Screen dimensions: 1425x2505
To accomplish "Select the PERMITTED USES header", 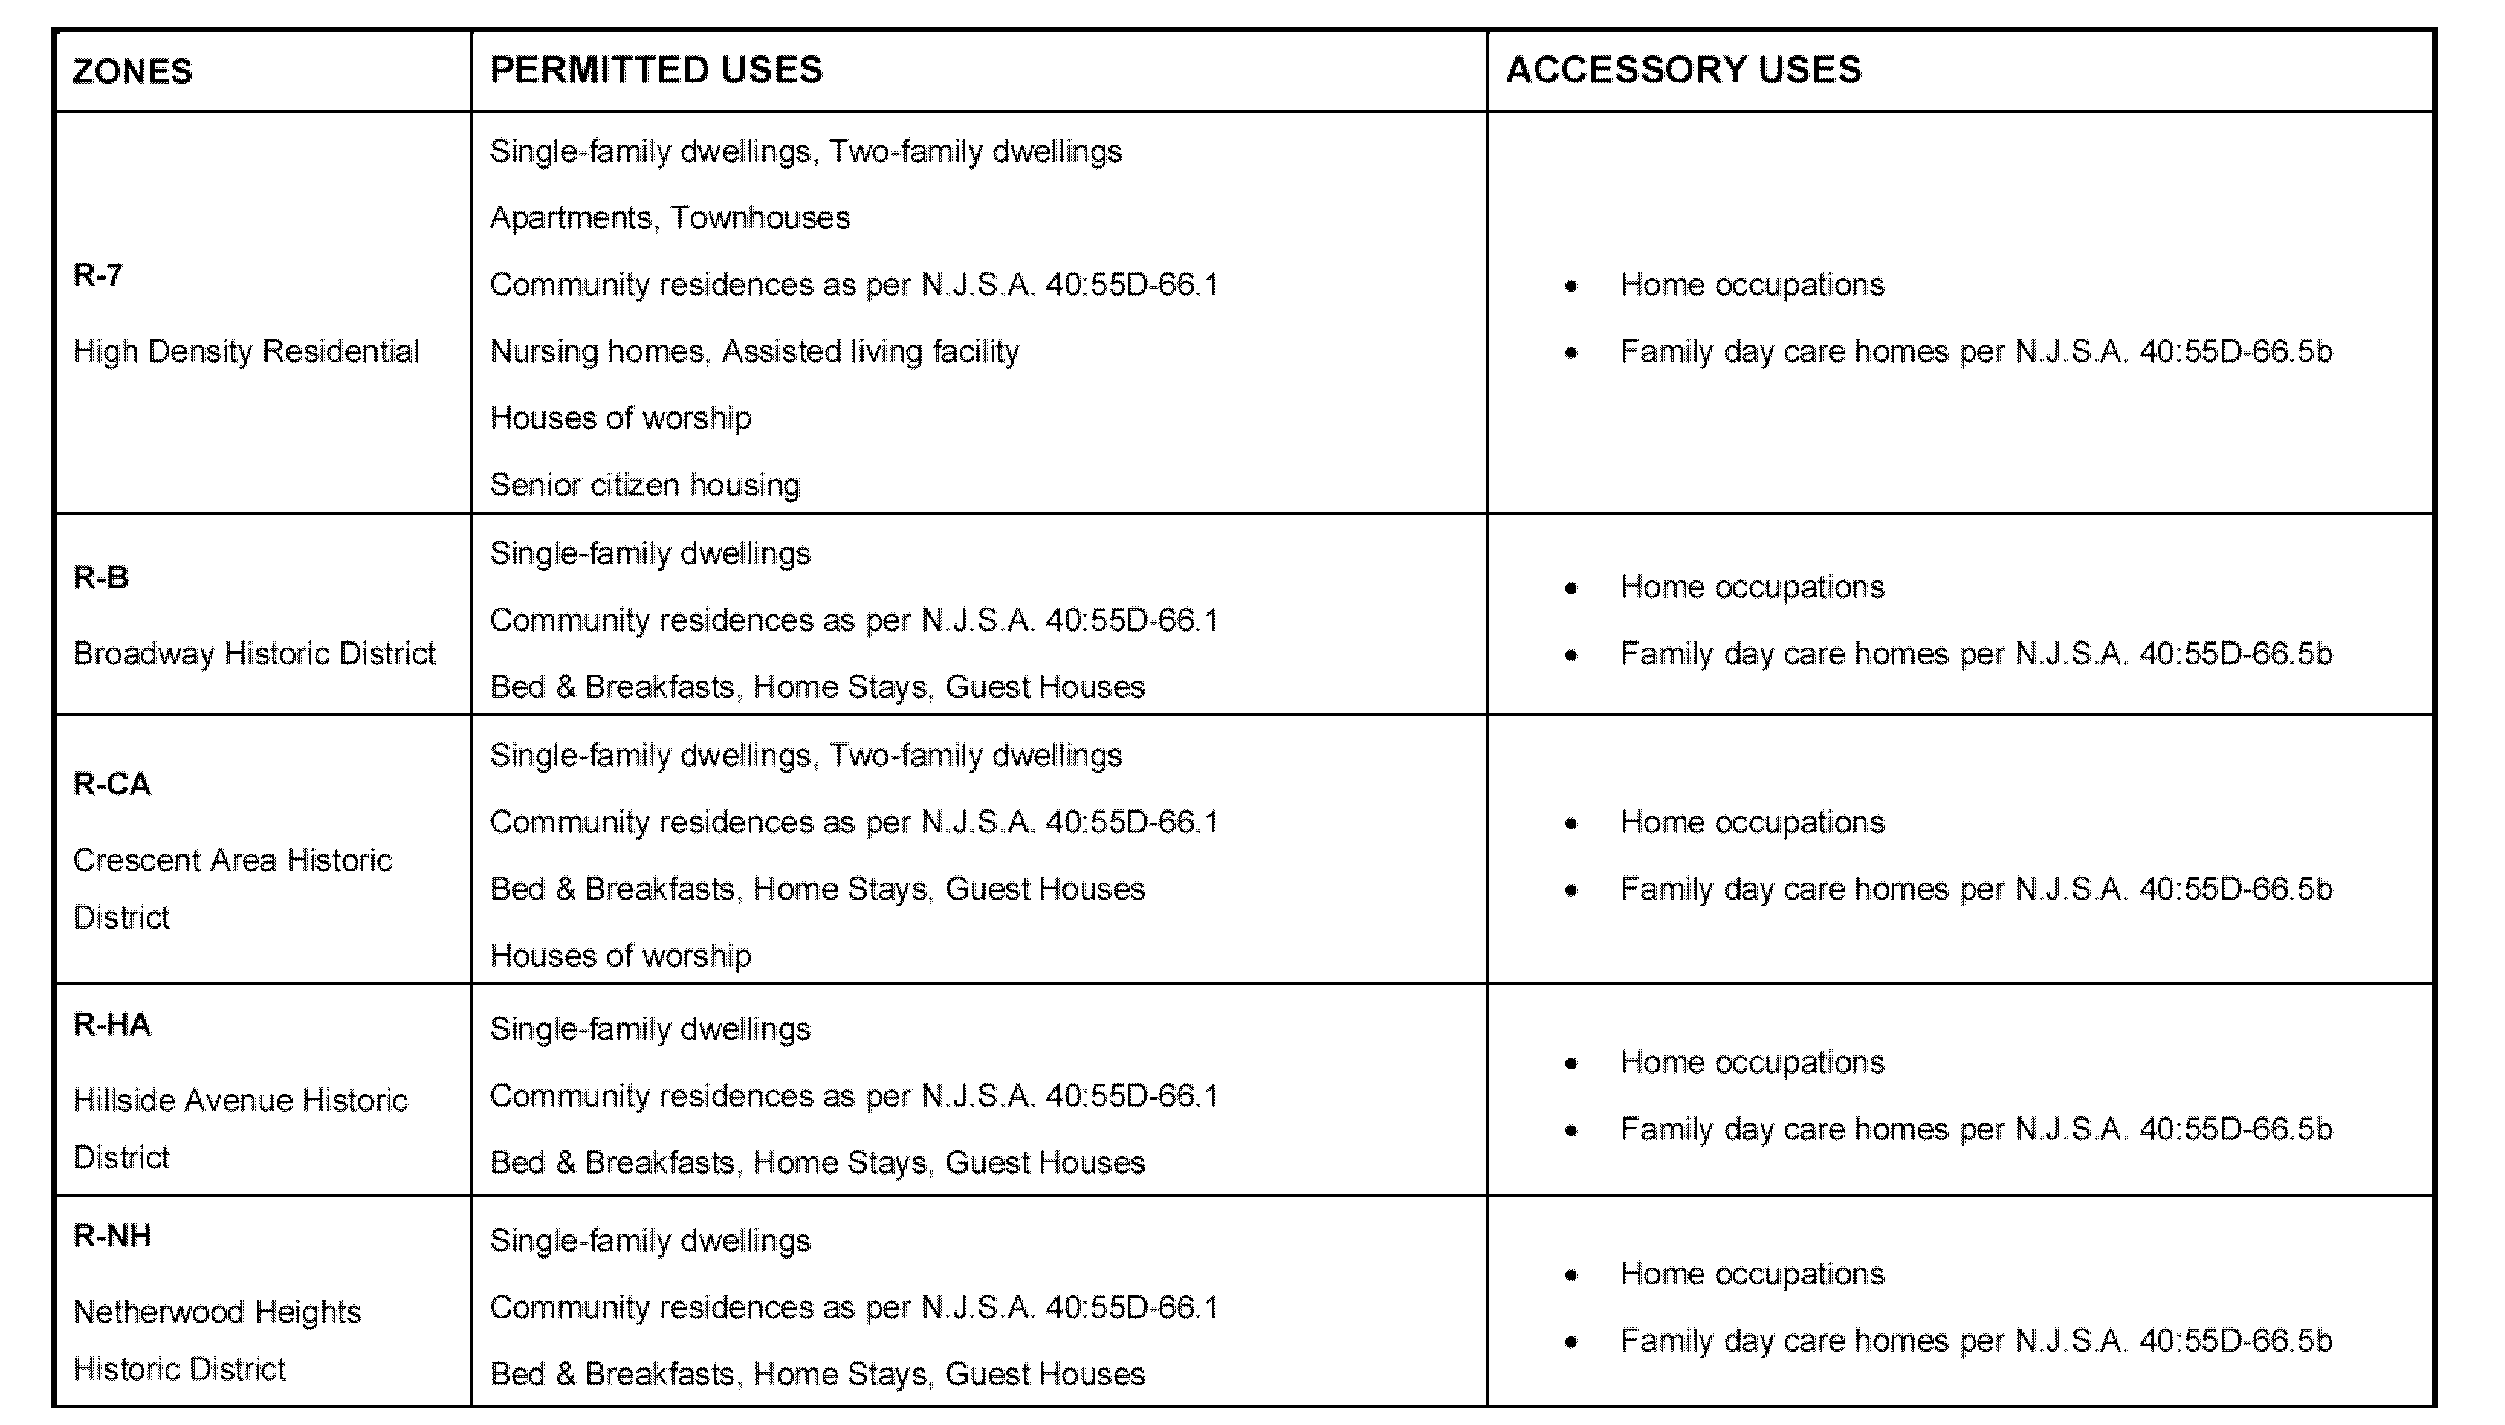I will [x=656, y=70].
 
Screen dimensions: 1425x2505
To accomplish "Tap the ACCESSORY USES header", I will [x=1683, y=70].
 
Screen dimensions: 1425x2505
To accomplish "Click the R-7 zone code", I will [x=98, y=275].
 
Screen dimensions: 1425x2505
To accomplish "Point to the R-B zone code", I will [x=101, y=577].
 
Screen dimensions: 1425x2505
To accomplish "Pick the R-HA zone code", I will [x=112, y=1025].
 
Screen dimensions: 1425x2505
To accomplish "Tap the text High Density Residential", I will [x=246, y=351].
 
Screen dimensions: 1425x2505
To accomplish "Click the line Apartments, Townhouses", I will [x=669, y=218].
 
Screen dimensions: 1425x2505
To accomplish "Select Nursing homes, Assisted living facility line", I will [x=754, y=351].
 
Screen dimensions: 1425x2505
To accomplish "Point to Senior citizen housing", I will [x=644, y=484].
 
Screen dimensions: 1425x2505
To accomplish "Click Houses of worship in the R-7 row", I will [x=620, y=418].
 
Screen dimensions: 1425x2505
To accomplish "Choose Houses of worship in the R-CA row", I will [x=620, y=955].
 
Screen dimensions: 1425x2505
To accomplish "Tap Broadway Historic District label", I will [x=254, y=654].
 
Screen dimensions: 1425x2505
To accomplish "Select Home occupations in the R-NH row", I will [x=1751, y=1273].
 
